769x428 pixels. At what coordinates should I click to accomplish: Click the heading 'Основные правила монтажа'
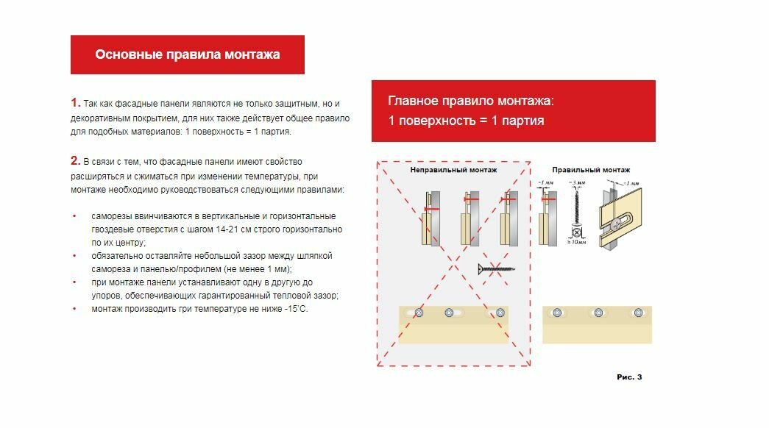click(187, 54)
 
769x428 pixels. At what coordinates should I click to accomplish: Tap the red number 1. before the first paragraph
click(75, 102)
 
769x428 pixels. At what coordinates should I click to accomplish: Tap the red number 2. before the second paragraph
click(75, 160)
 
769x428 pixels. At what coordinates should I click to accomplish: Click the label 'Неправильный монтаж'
click(453, 170)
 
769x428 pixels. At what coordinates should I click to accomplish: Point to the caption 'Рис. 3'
click(629, 377)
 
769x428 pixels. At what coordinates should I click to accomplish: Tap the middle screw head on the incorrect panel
click(450, 313)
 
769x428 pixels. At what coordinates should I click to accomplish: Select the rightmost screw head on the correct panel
click(638, 313)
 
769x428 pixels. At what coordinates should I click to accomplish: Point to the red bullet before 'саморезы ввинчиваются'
click(74, 216)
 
